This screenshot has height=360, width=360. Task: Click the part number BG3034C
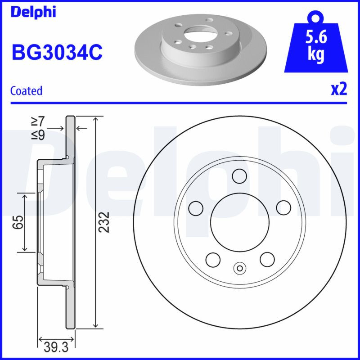57,53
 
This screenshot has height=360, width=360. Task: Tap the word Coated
26,90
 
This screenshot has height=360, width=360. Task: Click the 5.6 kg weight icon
315,45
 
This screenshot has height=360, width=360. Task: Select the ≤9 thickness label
37,134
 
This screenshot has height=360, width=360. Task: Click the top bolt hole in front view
239,175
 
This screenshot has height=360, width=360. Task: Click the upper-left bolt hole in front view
196,207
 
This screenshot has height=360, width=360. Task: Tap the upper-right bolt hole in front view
283,207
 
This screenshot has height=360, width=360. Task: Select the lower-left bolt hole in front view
212,259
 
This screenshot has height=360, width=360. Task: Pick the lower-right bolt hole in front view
267,259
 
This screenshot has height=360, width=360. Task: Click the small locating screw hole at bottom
239,269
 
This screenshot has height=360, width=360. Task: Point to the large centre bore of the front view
239,221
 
